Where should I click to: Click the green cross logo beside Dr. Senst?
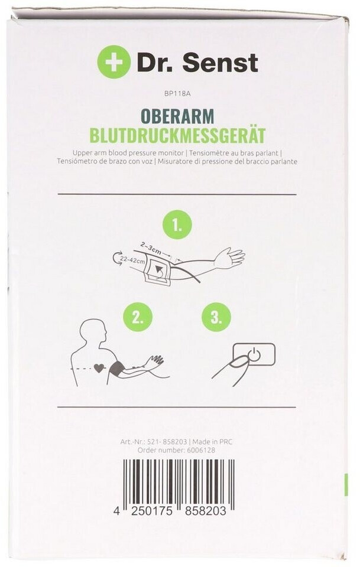point(113,62)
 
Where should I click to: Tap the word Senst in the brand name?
point(220,63)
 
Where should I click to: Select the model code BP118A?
point(177,94)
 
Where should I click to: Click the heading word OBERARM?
point(177,116)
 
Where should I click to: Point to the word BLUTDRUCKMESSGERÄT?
point(177,135)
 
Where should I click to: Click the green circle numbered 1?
point(177,227)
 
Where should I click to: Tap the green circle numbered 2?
point(138,318)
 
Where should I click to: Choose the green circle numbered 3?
point(216,318)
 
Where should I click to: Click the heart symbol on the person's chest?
point(98,368)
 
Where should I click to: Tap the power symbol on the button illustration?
point(254,353)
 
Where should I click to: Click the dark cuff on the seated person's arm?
point(117,369)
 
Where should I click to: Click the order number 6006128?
point(201,450)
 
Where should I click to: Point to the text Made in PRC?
point(212,442)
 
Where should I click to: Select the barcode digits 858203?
point(205,511)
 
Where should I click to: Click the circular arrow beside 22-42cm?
point(116,260)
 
